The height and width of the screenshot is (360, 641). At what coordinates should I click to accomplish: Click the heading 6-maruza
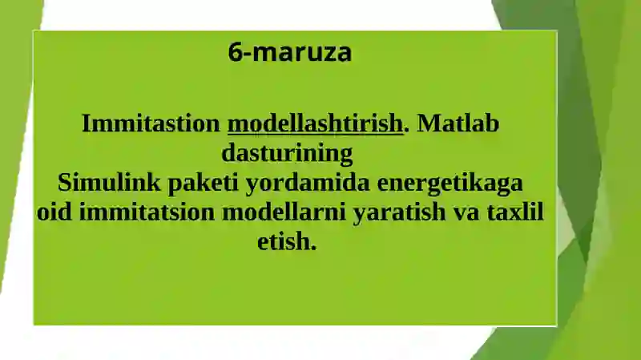pos(289,53)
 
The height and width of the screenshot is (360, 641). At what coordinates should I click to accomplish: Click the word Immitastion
pos(151,124)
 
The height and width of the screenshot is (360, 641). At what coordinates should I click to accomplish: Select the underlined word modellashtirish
pos(315,124)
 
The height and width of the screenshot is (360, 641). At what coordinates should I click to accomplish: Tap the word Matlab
pos(458,124)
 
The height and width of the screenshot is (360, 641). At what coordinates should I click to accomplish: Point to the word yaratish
pos(388,212)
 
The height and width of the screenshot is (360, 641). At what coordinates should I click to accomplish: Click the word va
pos(455,212)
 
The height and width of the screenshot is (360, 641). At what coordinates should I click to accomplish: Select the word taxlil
pos(510,212)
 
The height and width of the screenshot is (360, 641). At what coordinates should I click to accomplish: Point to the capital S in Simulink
pos(64,183)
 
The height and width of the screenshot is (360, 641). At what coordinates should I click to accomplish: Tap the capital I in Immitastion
pos(87,124)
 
